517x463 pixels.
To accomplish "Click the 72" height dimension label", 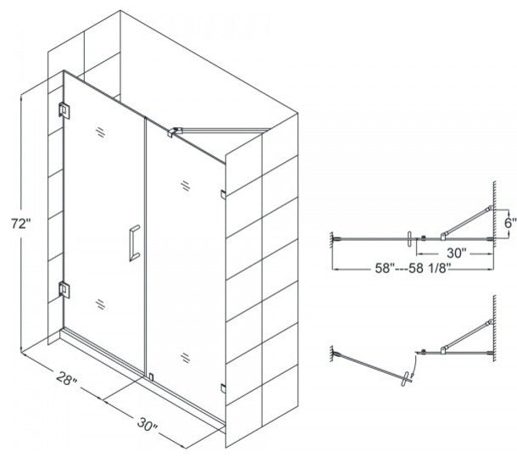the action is (x=21, y=224).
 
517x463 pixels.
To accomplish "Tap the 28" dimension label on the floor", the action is (x=67, y=378).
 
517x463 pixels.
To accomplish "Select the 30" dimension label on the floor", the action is (x=147, y=424).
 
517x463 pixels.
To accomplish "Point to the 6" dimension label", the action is (x=509, y=223).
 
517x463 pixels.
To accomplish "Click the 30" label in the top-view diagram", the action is (x=456, y=253).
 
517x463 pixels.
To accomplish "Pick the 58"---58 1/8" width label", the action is (x=413, y=268).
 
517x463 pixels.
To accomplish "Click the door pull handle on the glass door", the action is (x=134, y=243).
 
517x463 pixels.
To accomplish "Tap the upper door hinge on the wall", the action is (x=64, y=110).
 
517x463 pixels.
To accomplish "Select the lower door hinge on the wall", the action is (x=64, y=290).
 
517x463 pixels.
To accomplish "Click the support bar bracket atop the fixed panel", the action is (x=175, y=131).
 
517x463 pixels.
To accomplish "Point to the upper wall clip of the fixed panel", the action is (x=223, y=195).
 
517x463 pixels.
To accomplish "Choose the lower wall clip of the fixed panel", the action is (x=223, y=388).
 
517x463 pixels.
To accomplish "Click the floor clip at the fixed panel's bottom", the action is (x=152, y=377).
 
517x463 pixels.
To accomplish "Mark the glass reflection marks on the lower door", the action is (x=101, y=304).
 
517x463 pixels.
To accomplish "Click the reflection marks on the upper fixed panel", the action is (x=186, y=186).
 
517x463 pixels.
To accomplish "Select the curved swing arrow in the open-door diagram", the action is (x=414, y=365).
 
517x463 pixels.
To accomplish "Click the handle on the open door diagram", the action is (x=406, y=379).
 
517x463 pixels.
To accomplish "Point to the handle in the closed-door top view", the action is (x=410, y=238).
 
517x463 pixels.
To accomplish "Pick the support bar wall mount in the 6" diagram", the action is (x=490, y=208).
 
